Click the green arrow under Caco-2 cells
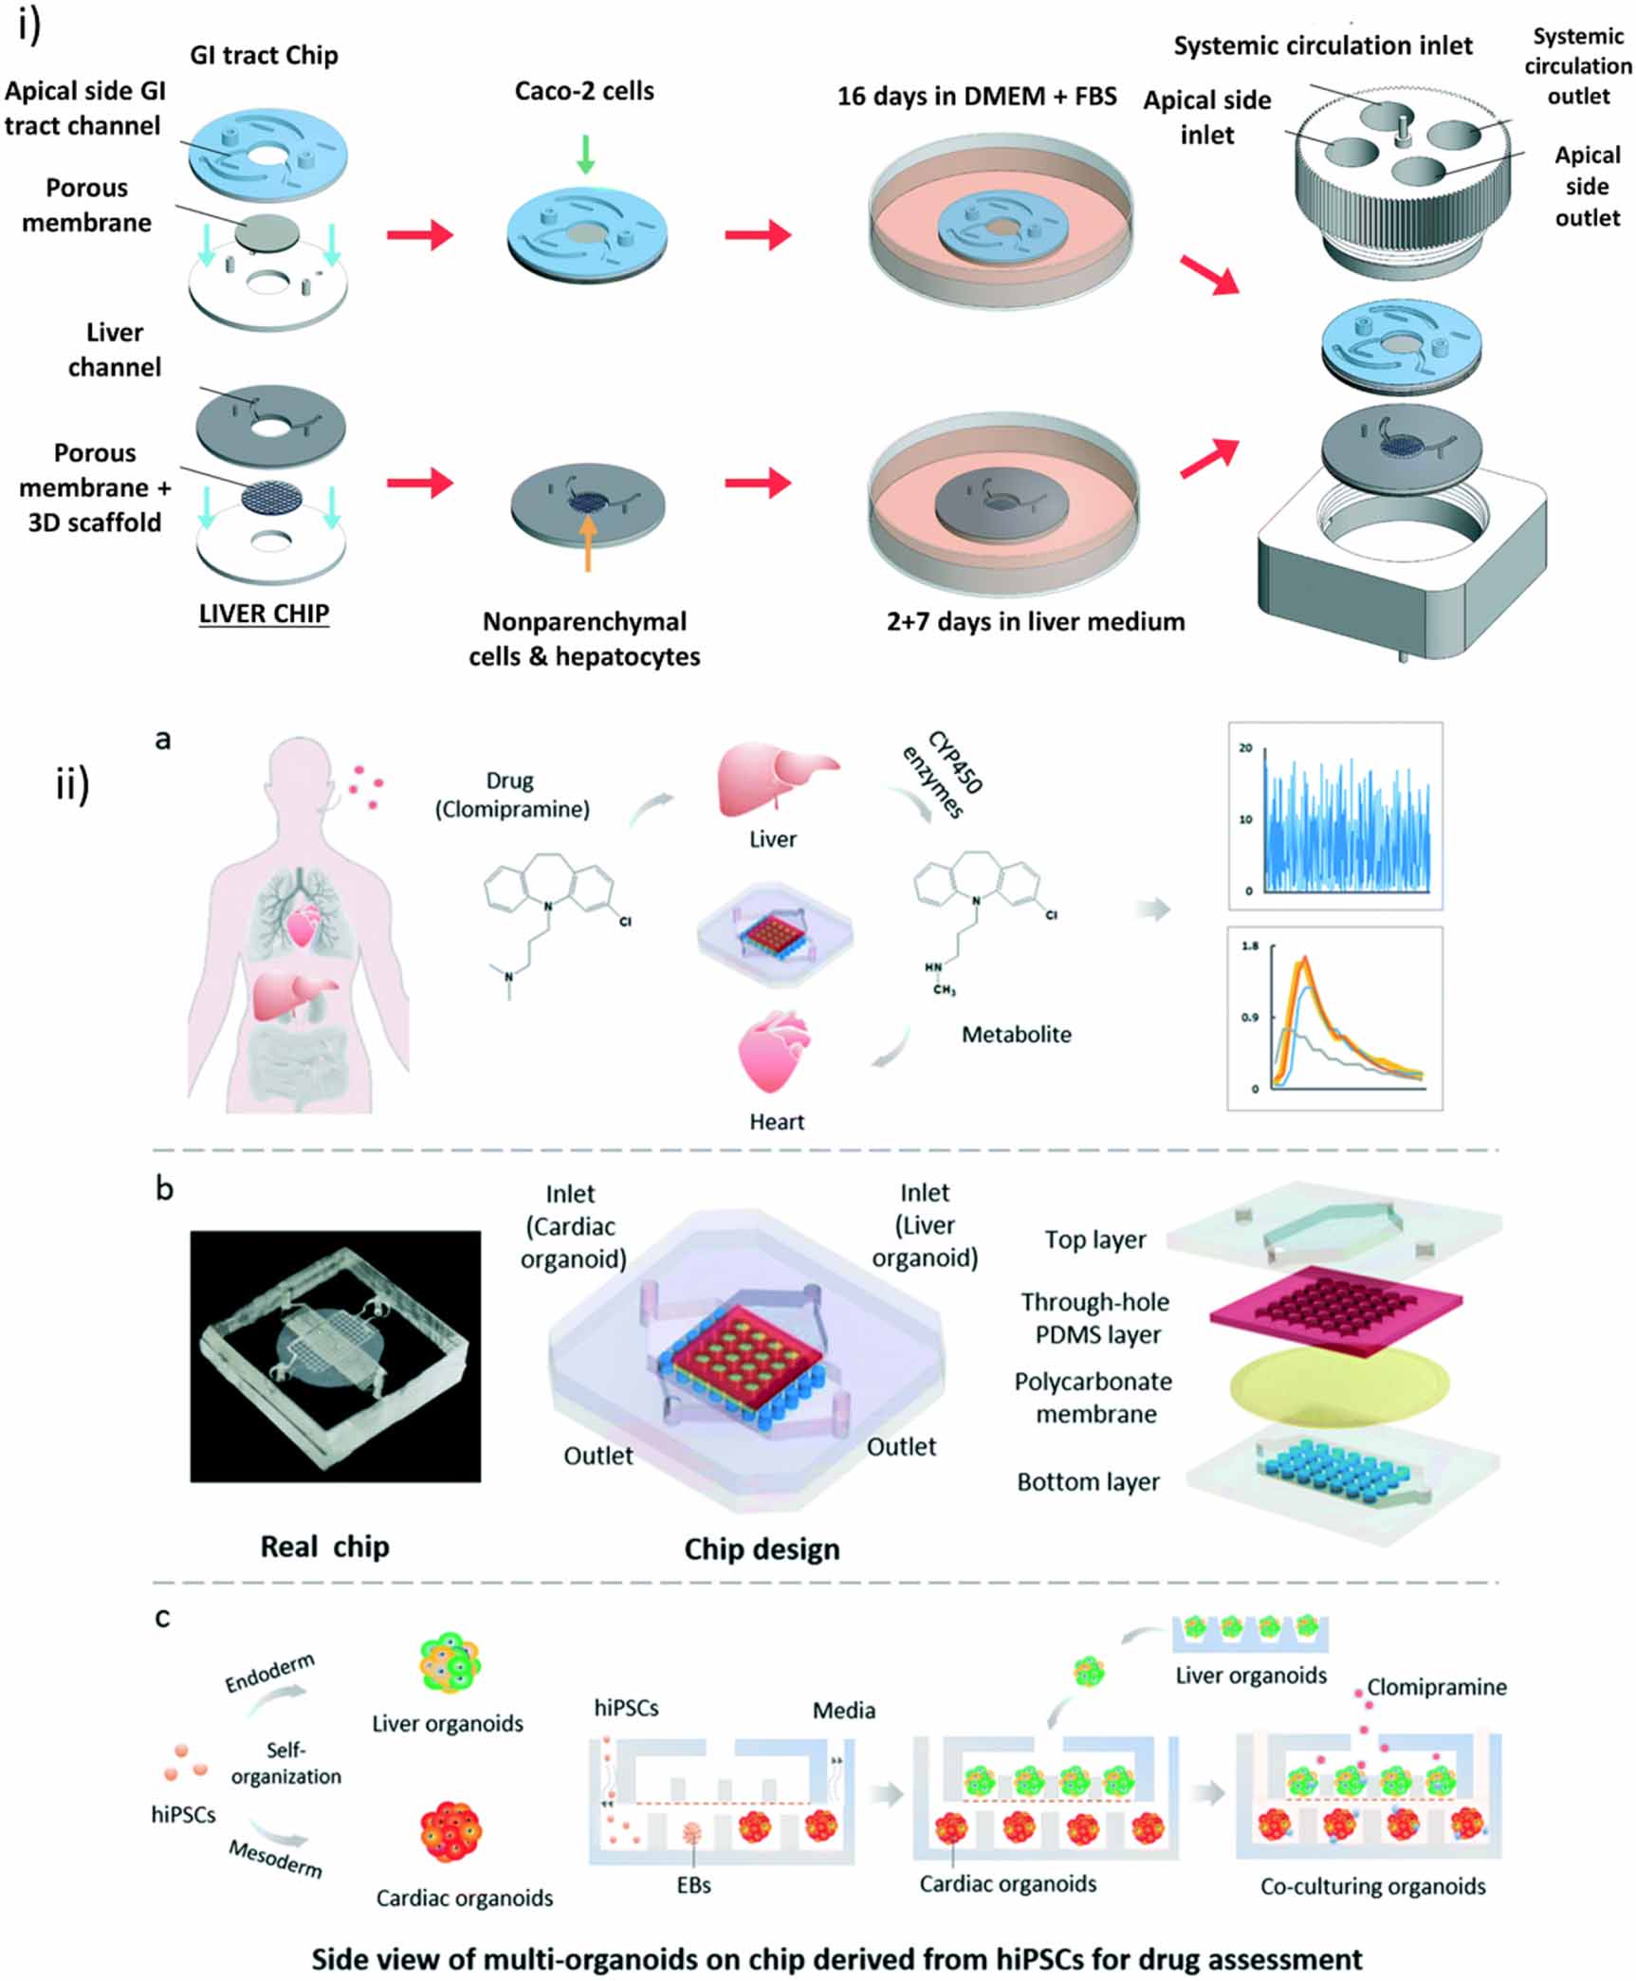[x=585, y=154]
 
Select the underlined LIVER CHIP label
[x=264, y=614]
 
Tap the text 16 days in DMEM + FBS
[x=976, y=97]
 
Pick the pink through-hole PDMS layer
[x=1334, y=1311]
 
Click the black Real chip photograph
[x=335, y=1356]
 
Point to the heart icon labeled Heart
[x=774, y=1052]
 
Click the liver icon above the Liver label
[x=775, y=780]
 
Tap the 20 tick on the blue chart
[x=1245, y=747]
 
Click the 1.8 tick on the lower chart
[x=1250, y=945]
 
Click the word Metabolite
[x=1016, y=1035]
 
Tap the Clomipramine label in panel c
[x=1436, y=1687]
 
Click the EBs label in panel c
[x=693, y=1885]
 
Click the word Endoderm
[x=269, y=1673]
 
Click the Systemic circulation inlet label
[x=1322, y=46]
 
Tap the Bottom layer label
[x=1088, y=1481]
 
